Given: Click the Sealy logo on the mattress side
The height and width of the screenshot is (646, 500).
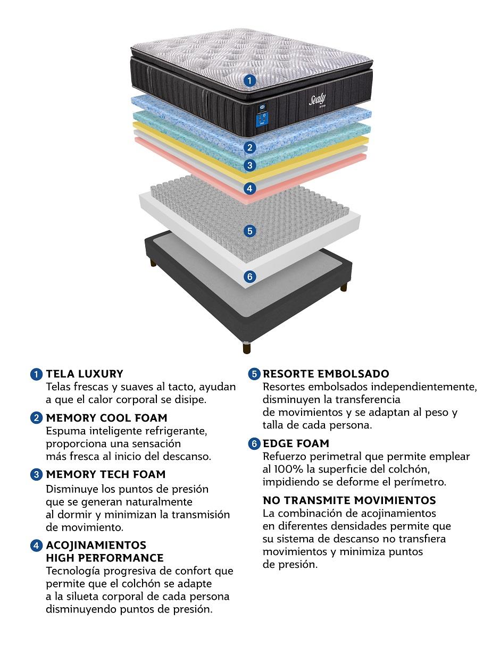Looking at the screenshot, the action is point(317,100).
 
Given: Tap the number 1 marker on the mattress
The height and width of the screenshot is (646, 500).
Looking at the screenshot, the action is point(249,80).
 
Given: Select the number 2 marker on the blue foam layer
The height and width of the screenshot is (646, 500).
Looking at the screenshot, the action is point(249,147).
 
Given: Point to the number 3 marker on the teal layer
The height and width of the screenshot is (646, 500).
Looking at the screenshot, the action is point(249,165).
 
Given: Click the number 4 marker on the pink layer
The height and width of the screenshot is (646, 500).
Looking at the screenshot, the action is point(249,188).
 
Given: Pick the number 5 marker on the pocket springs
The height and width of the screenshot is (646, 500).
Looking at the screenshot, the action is point(249,231).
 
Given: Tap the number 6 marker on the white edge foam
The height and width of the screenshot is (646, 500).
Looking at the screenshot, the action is point(249,276).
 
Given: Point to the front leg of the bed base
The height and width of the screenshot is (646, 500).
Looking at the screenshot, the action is point(247,347).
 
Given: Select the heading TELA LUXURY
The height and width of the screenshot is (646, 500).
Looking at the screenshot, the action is point(85,374).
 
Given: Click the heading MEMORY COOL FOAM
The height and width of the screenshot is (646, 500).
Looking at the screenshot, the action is point(106,418).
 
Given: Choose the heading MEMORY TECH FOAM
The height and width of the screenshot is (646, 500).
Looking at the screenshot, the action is point(105,474).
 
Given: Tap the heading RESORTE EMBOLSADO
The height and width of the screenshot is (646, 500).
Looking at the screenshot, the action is point(326,374).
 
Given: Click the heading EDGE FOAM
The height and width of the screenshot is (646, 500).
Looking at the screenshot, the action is point(296,443).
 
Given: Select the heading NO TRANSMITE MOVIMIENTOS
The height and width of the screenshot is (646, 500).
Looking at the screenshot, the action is point(349,500).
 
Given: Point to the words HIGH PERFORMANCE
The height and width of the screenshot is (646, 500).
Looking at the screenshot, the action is point(105,558).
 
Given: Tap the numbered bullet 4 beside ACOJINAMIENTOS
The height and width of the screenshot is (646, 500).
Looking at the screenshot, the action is point(36,546).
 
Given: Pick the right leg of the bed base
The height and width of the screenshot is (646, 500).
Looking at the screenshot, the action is point(344,287).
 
